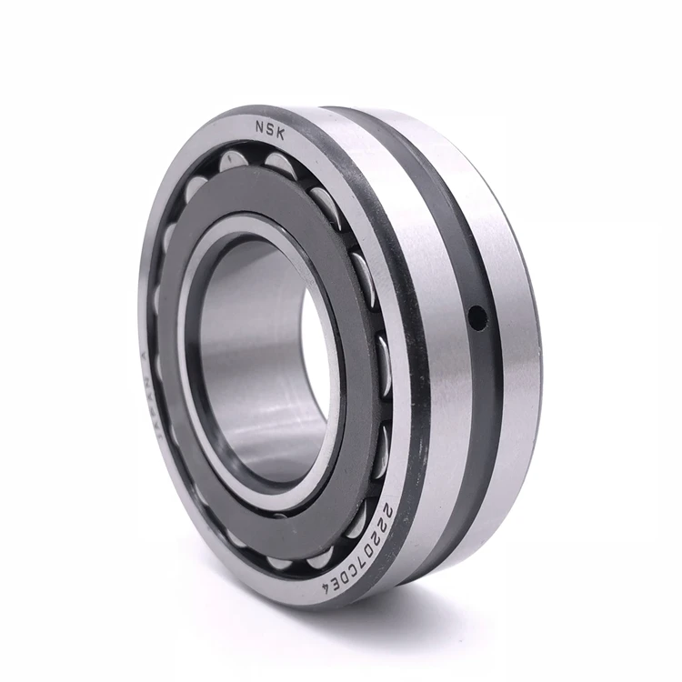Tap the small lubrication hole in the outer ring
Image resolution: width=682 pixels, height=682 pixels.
pyautogui.click(x=475, y=316)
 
